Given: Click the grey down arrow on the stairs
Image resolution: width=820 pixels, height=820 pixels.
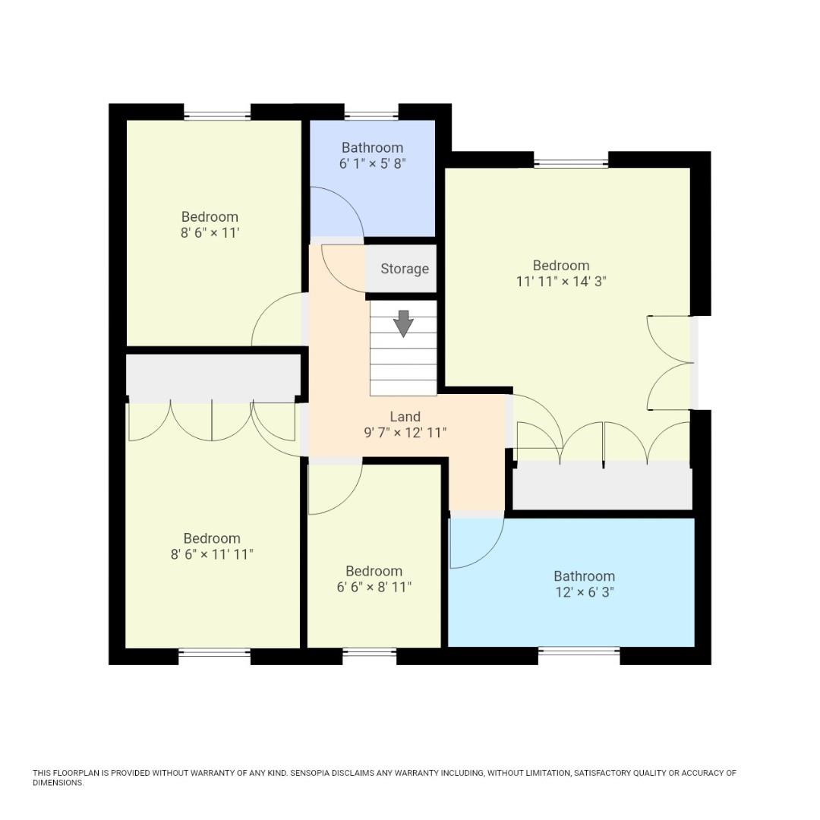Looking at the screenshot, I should pyautogui.click(x=403, y=323).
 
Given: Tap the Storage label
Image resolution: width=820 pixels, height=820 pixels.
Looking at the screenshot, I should pyautogui.click(x=404, y=269).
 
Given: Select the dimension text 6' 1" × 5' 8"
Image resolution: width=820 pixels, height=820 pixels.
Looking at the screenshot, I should pyautogui.click(x=372, y=162).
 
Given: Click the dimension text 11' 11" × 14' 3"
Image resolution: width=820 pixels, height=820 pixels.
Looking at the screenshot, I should pyautogui.click(x=560, y=280).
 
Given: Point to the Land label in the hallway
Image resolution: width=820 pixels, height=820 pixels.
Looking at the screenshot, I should pyautogui.click(x=405, y=416).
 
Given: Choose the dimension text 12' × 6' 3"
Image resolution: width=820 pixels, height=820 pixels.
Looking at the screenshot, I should pyautogui.click(x=584, y=591).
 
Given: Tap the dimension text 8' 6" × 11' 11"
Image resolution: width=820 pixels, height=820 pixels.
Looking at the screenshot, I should pyautogui.click(x=212, y=554).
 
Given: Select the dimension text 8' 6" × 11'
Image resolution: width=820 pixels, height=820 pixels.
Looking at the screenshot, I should pyautogui.click(x=210, y=232).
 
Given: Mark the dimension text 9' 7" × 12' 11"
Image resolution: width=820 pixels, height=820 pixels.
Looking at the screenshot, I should pyautogui.click(x=405, y=433).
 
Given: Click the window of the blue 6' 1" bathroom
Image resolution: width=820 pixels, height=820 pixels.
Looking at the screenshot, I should pyautogui.click(x=371, y=115).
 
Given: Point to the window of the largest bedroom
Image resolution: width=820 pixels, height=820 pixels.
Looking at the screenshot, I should pyautogui.click(x=571, y=163).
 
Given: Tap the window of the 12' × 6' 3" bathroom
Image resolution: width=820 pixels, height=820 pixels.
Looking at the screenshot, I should pyautogui.click(x=579, y=651).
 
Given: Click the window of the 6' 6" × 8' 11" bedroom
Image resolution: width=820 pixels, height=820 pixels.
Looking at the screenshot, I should pyautogui.click(x=369, y=651).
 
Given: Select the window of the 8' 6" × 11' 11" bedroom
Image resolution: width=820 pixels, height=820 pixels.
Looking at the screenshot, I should pyautogui.click(x=214, y=651).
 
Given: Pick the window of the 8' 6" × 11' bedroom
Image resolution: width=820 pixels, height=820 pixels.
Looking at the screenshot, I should pyautogui.click(x=217, y=115).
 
